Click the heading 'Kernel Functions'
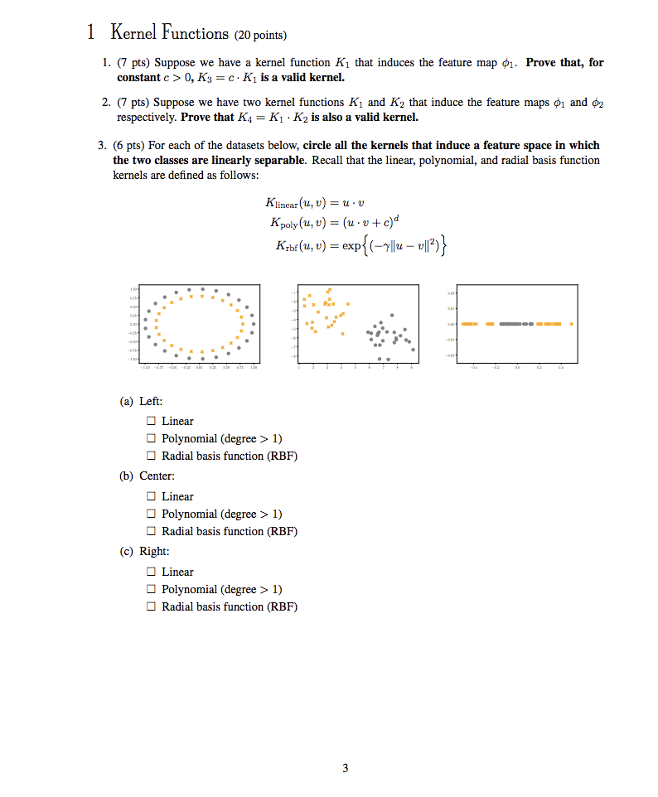coord(169,34)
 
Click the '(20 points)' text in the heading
coord(260,36)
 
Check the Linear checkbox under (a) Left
coord(151,421)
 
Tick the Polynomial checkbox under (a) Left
coord(151,438)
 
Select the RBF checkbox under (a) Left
coord(151,456)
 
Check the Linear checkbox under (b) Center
coord(151,496)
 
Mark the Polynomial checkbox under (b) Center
coord(151,514)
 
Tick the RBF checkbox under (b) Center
coord(151,531)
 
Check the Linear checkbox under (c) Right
coord(151,572)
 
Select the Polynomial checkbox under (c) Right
coord(151,589)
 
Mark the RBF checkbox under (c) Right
coord(151,606)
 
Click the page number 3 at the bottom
coord(346,768)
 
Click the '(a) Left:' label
coord(139,401)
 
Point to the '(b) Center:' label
coord(147,476)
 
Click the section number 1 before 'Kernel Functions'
coord(91,34)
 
